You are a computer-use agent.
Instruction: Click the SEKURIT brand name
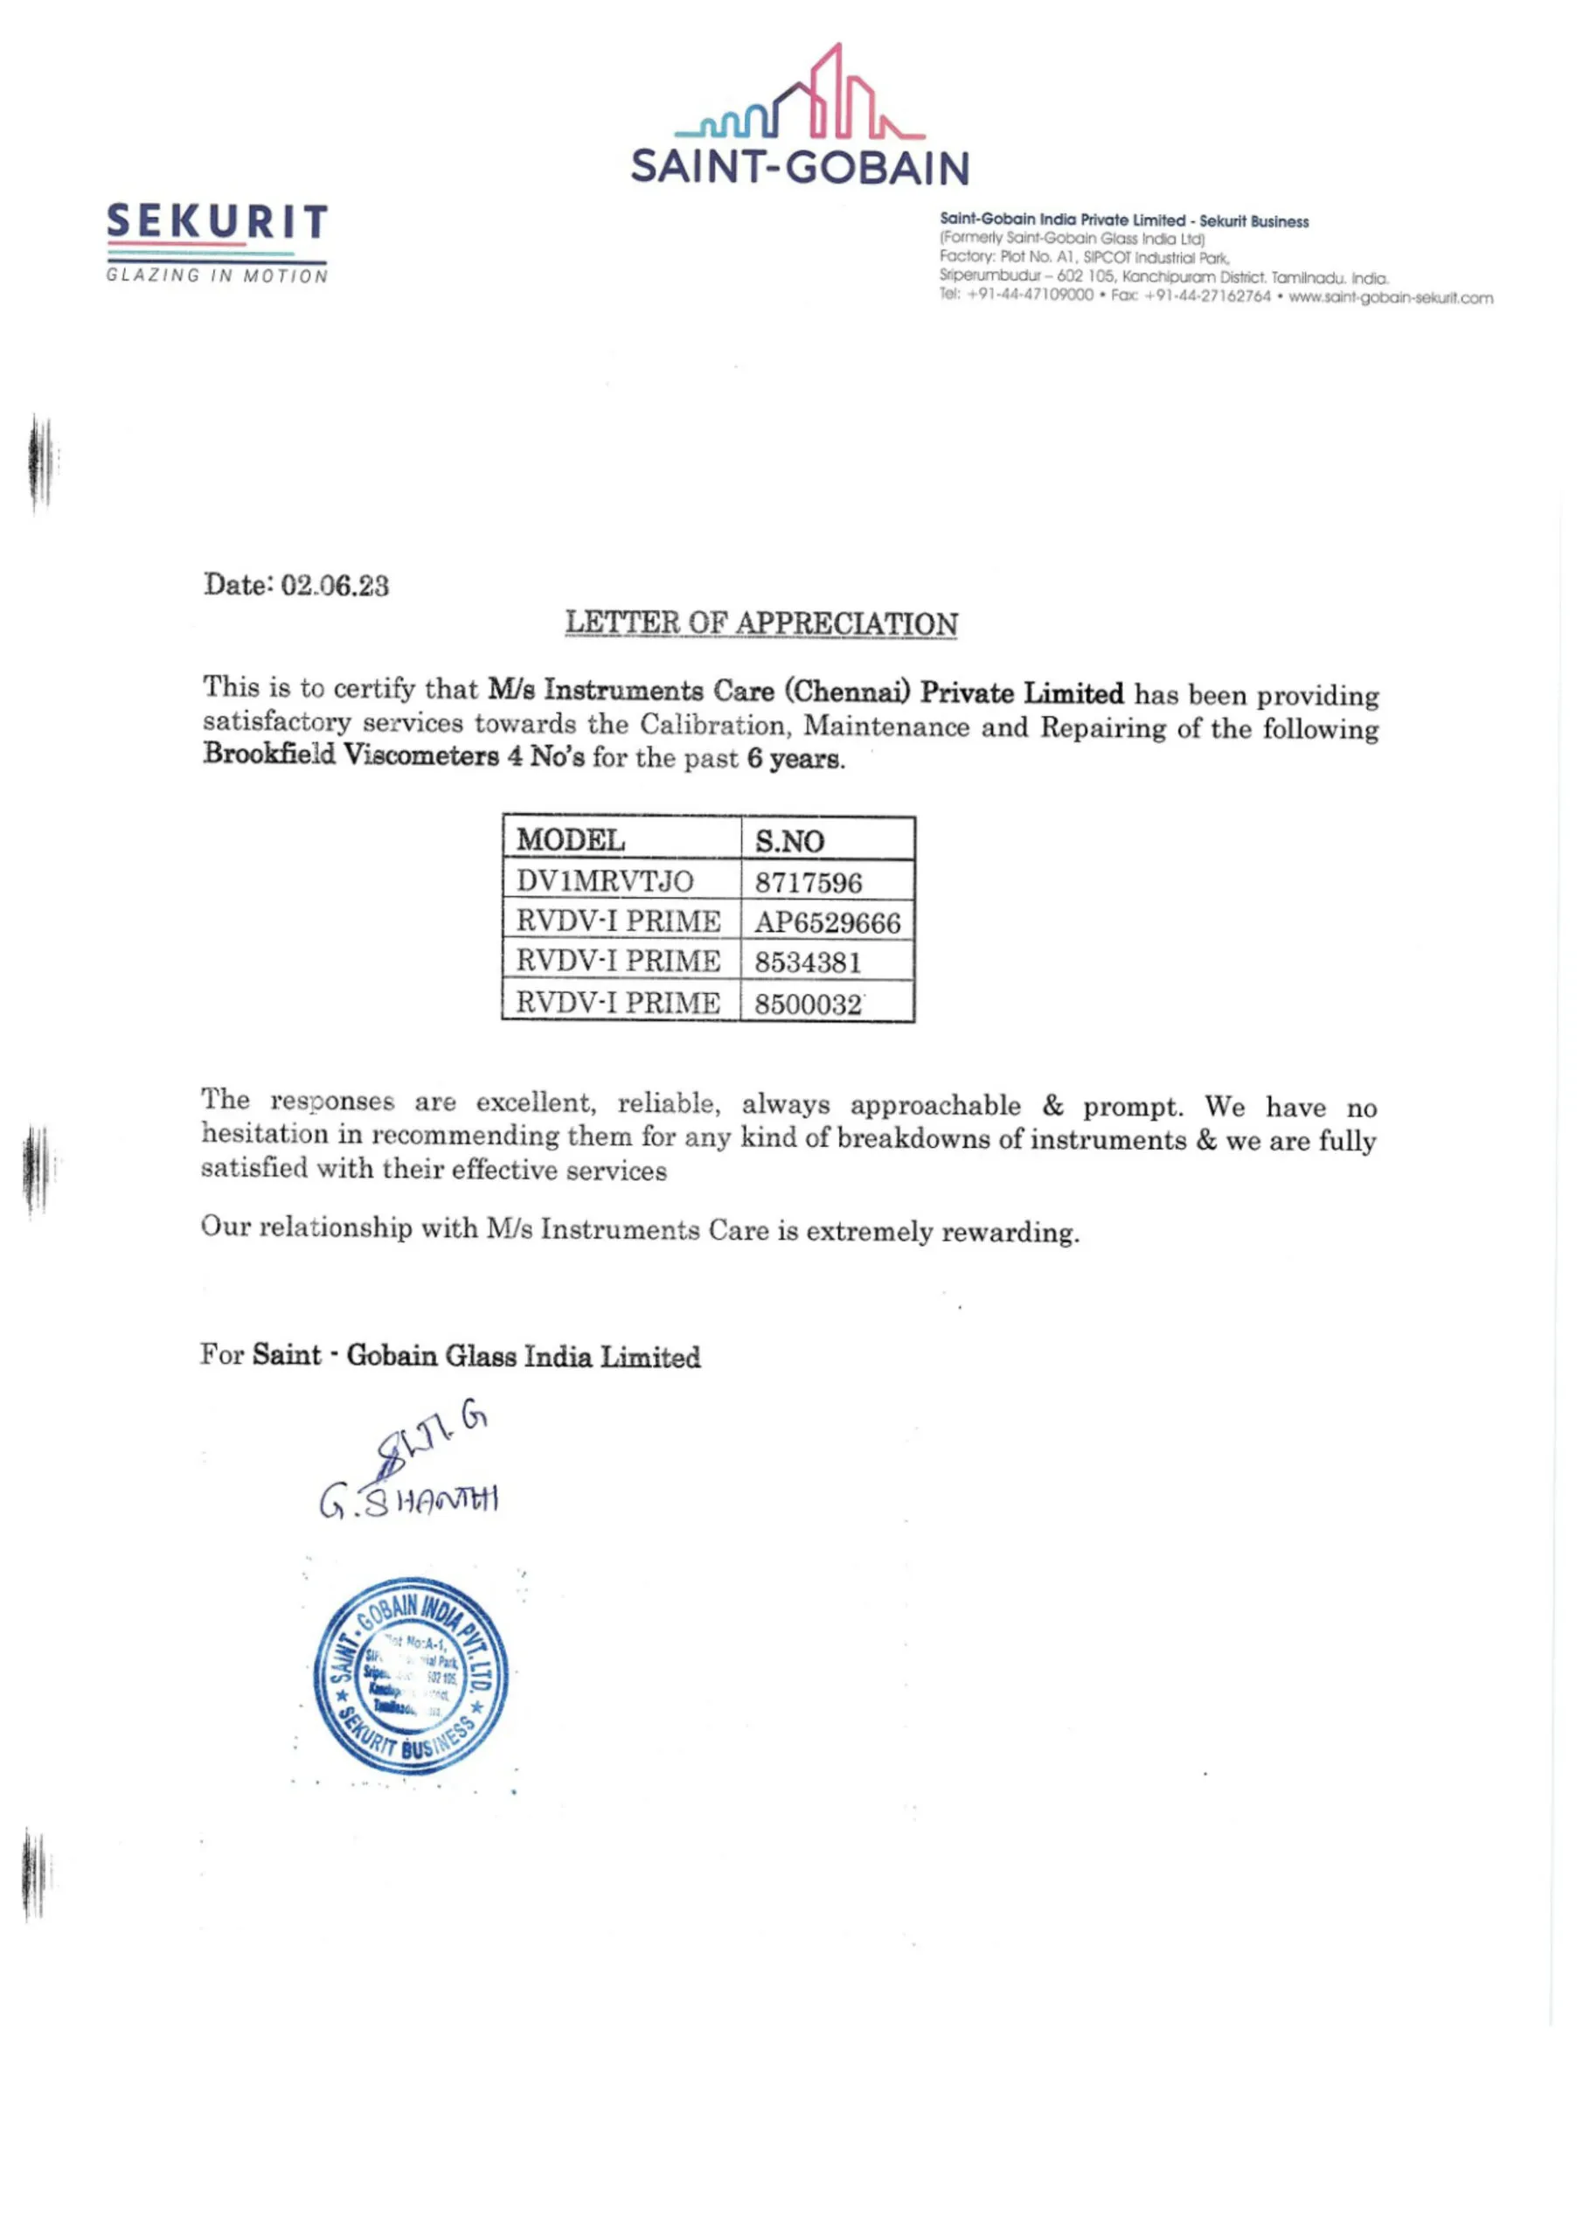click(217, 222)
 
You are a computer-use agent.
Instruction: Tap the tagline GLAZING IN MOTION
click(217, 276)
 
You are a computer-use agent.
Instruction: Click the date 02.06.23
click(334, 586)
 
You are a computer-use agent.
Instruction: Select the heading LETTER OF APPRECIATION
click(761, 624)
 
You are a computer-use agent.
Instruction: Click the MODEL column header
click(570, 839)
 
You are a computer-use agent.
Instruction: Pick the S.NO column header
click(788, 841)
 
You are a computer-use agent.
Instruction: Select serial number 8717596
click(808, 883)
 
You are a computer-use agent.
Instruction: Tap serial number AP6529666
click(828, 923)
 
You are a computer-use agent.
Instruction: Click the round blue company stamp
click(410, 1675)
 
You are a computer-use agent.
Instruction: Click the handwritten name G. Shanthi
click(408, 1501)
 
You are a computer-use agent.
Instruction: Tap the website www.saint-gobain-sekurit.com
click(1390, 297)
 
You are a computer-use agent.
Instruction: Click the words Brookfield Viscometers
click(351, 754)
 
